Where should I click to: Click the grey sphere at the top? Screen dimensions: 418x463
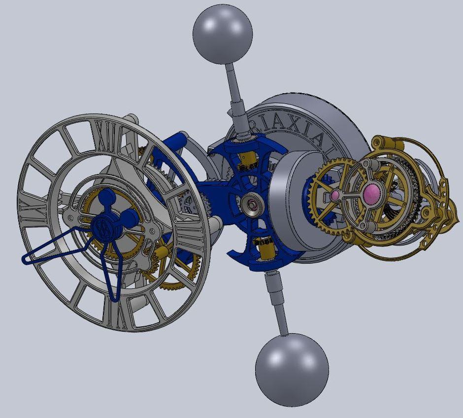(x=222, y=33)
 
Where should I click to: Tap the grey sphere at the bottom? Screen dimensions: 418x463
(x=292, y=370)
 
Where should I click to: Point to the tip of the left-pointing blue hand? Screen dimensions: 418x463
(x=25, y=259)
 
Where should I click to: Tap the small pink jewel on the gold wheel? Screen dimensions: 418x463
(x=335, y=196)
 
